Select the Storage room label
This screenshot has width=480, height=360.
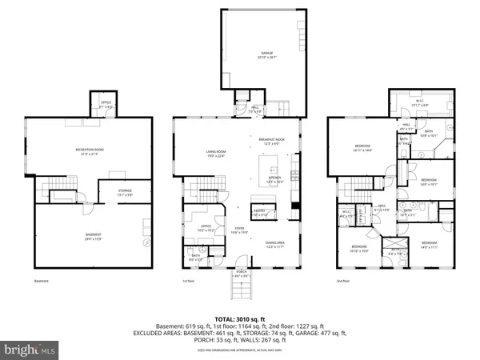(110, 192)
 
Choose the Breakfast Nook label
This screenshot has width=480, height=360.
(274, 142)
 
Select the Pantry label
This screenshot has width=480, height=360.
(261, 213)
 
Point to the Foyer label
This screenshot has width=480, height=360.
(238, 230)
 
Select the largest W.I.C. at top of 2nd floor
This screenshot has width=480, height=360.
(419, 102)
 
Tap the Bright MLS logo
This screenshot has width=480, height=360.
(30, 350)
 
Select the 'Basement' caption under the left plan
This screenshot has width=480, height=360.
(42, 282)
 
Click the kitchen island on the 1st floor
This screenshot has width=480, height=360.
(274, 169)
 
